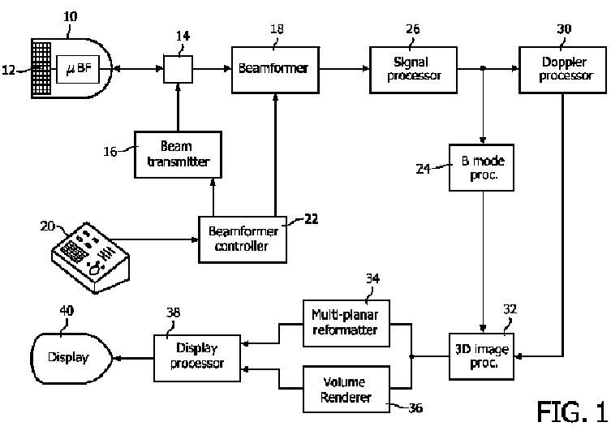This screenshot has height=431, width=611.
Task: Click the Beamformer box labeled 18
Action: tap(275, 70)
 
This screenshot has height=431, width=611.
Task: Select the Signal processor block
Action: tap(413, 70)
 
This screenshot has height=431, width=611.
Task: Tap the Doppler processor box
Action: tap(562, 70)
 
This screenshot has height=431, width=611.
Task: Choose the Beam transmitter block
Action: tap(178, 155)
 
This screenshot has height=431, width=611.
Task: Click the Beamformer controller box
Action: tap(243, 239)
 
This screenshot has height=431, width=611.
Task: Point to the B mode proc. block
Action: tap(482, 167)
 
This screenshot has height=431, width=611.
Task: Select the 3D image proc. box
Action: tap(482, 356)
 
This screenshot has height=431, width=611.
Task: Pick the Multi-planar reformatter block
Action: tap(346, 323)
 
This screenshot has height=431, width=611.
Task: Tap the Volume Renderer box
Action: tap(346, 389)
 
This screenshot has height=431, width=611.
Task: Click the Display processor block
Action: tap(197, 358)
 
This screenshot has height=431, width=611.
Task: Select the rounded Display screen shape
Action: tap(71, 359)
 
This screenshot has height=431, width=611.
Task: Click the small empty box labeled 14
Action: tap(178, 69)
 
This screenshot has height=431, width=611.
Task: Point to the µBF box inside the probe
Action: tap(78, 69)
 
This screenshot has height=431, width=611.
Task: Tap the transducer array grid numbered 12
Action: tap(41, 68)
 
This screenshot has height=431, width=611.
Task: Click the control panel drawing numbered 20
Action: tap(90, 257)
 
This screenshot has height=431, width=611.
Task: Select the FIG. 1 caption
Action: tap(572, 412)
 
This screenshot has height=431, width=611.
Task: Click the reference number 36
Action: tap(415, 408)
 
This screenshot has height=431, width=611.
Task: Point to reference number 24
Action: tap(424, 169)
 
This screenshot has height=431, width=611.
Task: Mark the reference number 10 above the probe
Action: tap(71, 16)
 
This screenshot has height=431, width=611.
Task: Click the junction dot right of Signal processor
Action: tap(483, 68)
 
